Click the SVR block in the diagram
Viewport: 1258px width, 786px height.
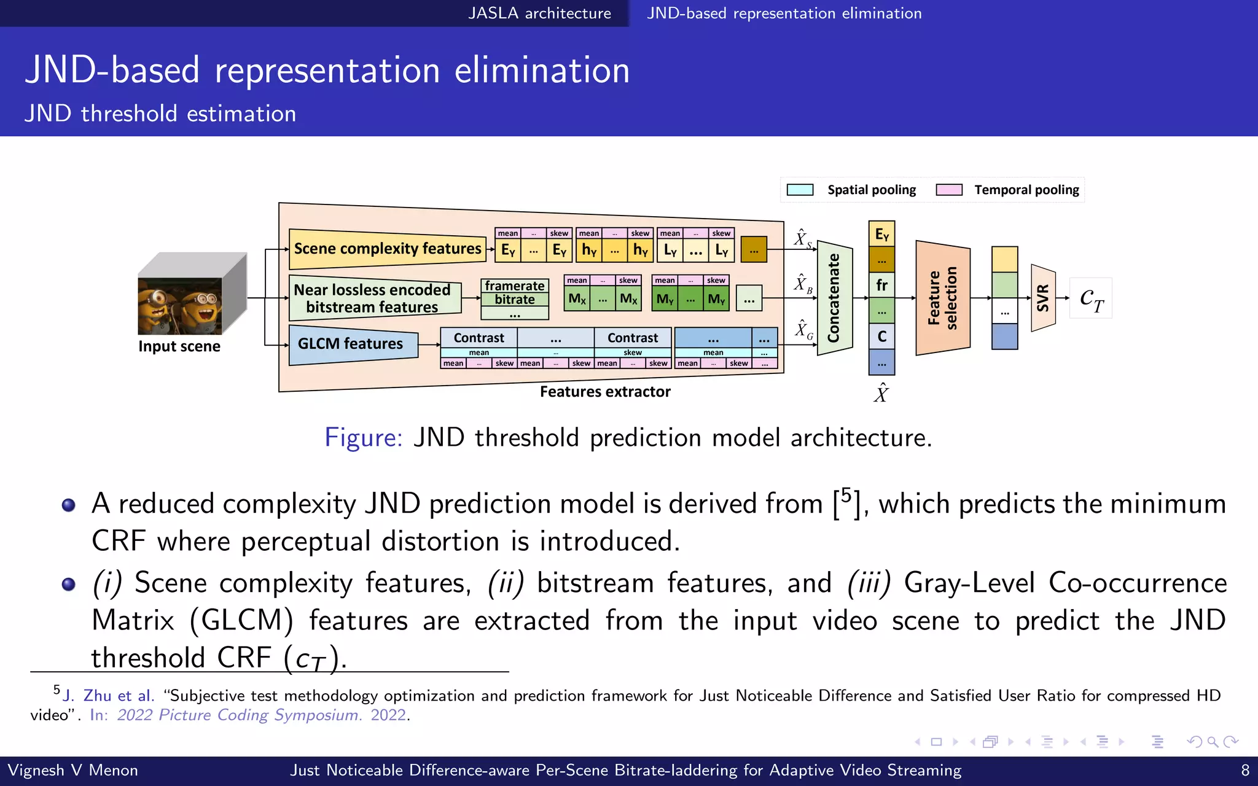click(1043, 298)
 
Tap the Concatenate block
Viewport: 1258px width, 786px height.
click(834, 298)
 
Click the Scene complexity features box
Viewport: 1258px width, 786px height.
click(387, 249)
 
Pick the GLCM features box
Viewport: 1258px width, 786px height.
click(351, 344)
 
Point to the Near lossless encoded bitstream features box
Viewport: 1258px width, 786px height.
click(372, 298)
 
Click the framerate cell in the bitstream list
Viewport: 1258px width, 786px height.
click(515, 286)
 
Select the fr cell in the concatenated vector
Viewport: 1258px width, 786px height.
click(881, 286)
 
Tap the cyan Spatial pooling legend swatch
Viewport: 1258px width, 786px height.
click(800, 190)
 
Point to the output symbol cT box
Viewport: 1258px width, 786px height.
click(1091, 298)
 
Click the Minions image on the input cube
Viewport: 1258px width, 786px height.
click(179, 306)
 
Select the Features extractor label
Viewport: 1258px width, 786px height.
click(605, 392)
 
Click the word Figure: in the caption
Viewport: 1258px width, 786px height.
click(363, 438)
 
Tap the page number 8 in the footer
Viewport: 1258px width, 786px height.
click(1245, 771)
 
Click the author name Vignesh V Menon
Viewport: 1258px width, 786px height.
click(72, 771)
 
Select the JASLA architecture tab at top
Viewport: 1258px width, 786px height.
click(539, 14)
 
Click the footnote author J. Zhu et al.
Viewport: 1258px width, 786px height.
click(108, 696)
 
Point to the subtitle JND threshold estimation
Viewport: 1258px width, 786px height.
click(160, 114)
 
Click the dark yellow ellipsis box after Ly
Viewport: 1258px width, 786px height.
click(754, 250)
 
